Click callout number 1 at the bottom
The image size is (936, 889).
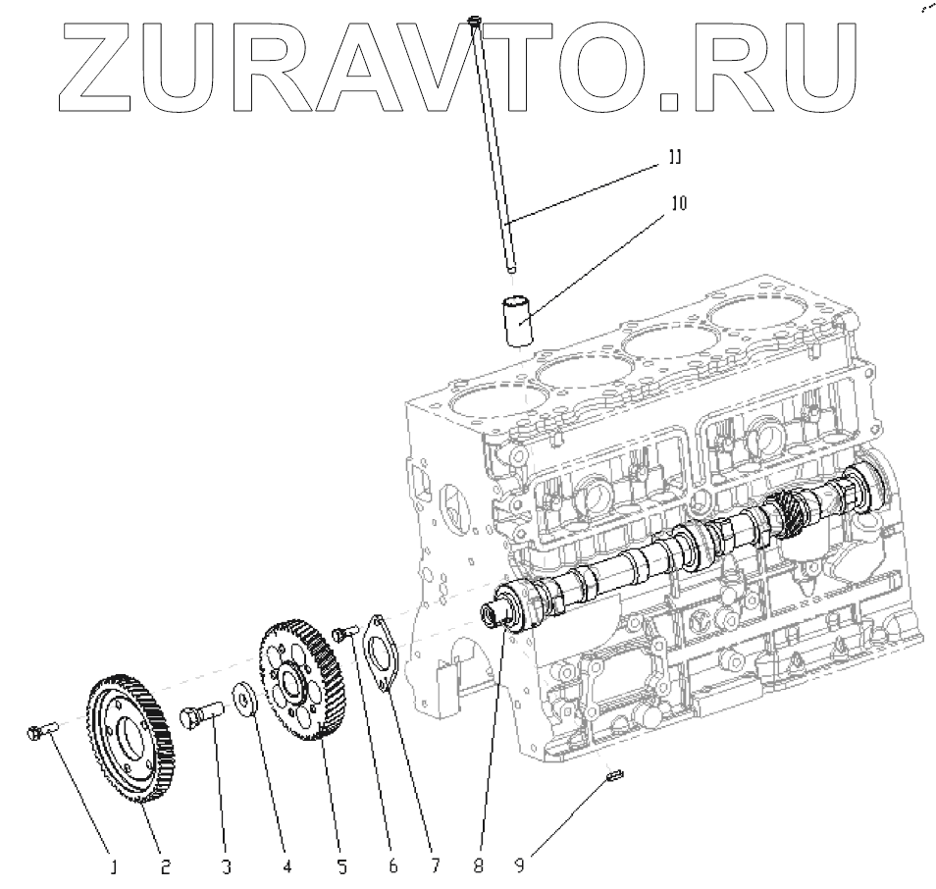point(114,867)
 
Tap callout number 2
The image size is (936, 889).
point(166,866)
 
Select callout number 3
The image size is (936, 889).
point(227,867)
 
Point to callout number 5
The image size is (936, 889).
point(341,866)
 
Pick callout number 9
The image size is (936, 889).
point(521,866)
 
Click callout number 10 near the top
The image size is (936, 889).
point(678,203)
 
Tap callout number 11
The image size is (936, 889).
point(676,157)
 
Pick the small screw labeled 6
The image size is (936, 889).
point(341,634)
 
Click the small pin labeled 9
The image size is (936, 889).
point(615,777)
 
